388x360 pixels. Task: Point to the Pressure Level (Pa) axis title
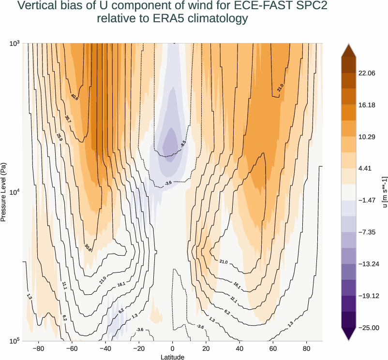click(4, 192)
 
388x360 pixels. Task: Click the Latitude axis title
click(172, 357)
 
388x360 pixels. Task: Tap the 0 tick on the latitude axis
click(172, 348)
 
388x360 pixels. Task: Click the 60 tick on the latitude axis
click(273, 348)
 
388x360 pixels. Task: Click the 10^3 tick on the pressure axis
click(14, 44)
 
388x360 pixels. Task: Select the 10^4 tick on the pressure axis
click(14, 192)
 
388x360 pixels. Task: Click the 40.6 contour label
click(74, 97)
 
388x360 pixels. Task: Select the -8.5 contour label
click(183, 144)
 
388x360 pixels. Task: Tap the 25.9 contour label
click(60, 137)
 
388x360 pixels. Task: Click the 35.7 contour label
click(67, 118)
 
